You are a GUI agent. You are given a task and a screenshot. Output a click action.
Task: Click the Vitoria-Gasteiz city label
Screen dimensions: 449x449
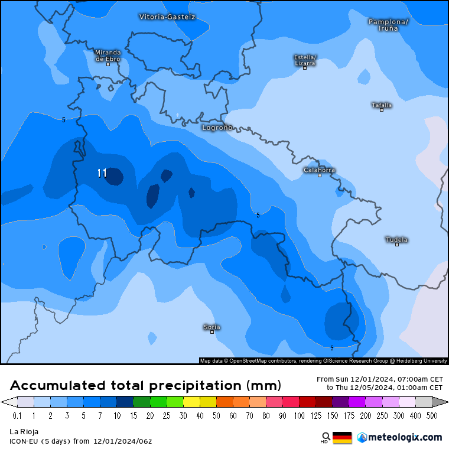click(x=167, y=17)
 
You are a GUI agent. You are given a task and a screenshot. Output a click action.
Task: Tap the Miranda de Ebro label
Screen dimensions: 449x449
click(x=108, y=55)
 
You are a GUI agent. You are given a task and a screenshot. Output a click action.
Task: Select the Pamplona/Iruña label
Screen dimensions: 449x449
click(x=388, y=25)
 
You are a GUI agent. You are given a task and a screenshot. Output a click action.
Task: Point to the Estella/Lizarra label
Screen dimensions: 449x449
click(x=305, y=60)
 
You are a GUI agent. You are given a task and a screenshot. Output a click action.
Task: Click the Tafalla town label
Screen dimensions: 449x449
click(x=382, y=105)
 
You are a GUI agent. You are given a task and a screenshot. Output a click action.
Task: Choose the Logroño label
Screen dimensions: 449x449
click(x=217, y=128)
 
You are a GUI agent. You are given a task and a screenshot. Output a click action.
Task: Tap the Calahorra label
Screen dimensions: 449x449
click(x=319, y=170)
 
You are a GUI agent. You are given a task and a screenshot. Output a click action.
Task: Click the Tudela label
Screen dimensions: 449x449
click(x=396, y=239)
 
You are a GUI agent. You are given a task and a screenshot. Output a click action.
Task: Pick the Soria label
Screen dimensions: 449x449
click(x=212, y=327)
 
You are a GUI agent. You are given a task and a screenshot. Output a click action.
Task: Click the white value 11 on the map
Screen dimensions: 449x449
click(x=102, y=173)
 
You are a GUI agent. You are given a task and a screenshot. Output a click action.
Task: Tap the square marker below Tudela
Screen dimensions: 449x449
click(x=397, y=245)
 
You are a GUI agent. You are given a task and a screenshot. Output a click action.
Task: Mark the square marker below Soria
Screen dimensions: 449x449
click(x=212, y=332)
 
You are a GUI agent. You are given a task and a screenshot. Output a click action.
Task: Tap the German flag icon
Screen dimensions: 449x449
click(x=342, y=438)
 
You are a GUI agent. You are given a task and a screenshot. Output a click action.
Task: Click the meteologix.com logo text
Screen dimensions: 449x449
click(x=405, y=437)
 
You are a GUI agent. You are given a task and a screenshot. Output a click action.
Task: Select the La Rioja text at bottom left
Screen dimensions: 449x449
click(x=24, y=432)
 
